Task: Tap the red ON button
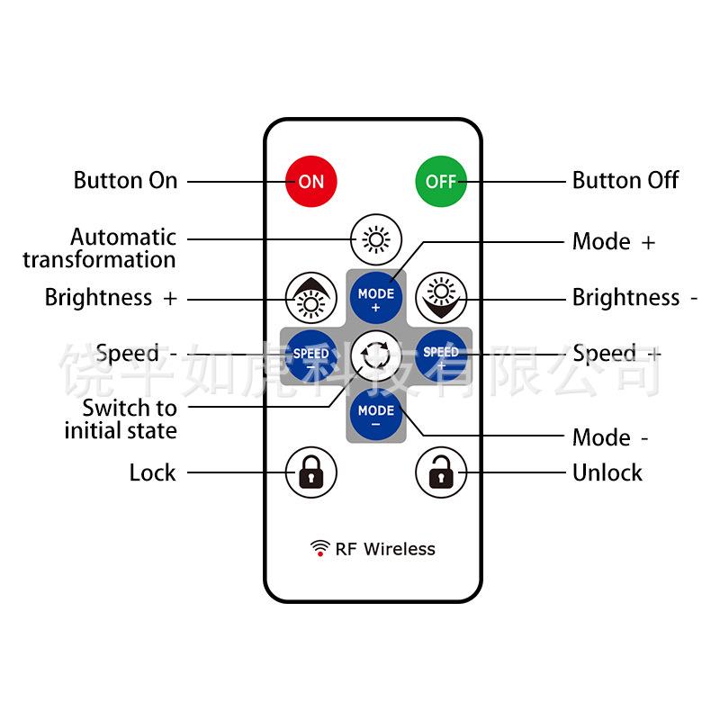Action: (x=310, y=181)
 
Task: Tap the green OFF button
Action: (x=440, y=181)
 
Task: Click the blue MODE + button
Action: (x=375, y=300)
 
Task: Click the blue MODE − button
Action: (x=375, y=416)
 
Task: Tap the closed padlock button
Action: (x=310, y=472)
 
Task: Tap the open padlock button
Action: (x=440, y=472)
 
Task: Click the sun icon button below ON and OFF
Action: (x=375, y=239)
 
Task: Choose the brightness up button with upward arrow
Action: (x=310, y=298)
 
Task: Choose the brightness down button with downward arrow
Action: (x=440, y=298)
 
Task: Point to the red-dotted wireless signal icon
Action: (x=319, y=549)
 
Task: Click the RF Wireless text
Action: (x=385, y=549)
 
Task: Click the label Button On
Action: (x=125, y=180)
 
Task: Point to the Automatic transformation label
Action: (x=100, y=248)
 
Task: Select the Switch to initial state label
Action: (x=121, y=419)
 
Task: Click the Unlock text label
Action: (x=607, y=472)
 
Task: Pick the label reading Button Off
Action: (x=625, y=180)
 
